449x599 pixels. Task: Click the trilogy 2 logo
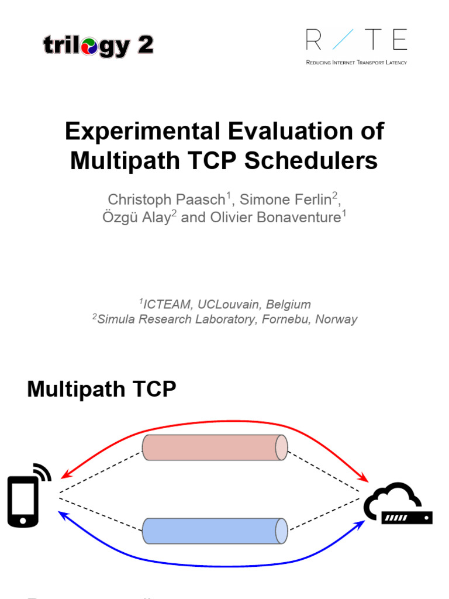click(x=98, y=46)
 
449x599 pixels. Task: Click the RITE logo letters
click(x=356, y=40)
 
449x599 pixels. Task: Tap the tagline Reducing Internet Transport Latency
click(x=356, y=61)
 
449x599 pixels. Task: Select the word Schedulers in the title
click(x=311, y=161)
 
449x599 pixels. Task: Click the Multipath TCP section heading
click(x=101, y=389)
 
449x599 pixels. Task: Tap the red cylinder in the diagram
click(x=215, y=447)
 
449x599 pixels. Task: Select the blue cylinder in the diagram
click(x=215, y=532)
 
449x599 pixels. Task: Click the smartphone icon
click(x=23, y=501)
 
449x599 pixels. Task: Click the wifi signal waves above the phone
click(x=43, y=471)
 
